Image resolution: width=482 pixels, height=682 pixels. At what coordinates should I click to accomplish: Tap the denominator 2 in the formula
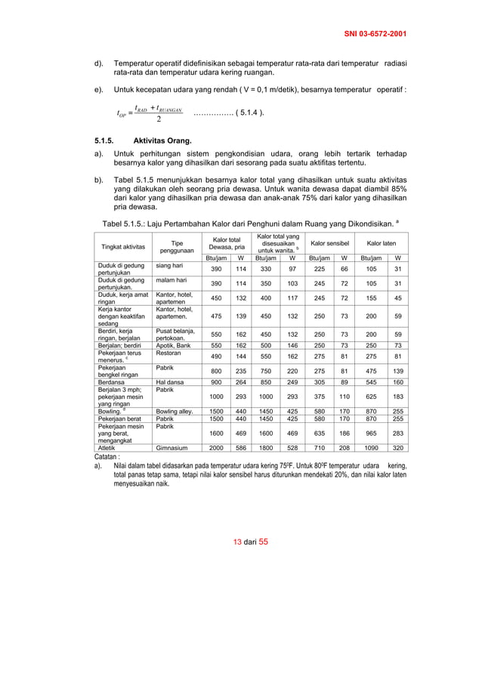pyautogui.click(x=158, y=119)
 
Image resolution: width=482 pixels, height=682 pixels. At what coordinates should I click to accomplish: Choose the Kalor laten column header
pyautogui.click(x=382, y=243)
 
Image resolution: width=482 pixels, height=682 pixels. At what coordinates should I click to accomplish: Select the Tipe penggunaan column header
pyautogui.click(x=177, y=247)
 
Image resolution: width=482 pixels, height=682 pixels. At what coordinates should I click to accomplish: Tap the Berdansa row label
pyautogui.click(x=110, y=382)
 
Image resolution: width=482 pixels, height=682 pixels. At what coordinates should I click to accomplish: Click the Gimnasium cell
pyautogui.click(x=171, y=446)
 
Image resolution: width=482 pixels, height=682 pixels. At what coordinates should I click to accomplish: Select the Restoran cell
pyautogui.click(x=168, y=352)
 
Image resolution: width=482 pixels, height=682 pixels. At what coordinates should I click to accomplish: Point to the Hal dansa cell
pyautogui.click(x=170, y=382)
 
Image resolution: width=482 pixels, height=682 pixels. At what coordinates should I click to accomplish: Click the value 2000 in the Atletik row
pyautogui.click(x=215, y=446)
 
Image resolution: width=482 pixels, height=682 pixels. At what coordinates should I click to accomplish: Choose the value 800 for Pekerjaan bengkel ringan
pyautogui.click(x=215, y=371)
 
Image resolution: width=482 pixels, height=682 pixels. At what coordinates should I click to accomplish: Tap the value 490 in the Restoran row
pyautogui.click(x=215, y=356)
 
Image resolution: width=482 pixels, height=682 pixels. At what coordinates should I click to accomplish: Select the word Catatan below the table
pyautogui.click(x=110, y=456)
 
